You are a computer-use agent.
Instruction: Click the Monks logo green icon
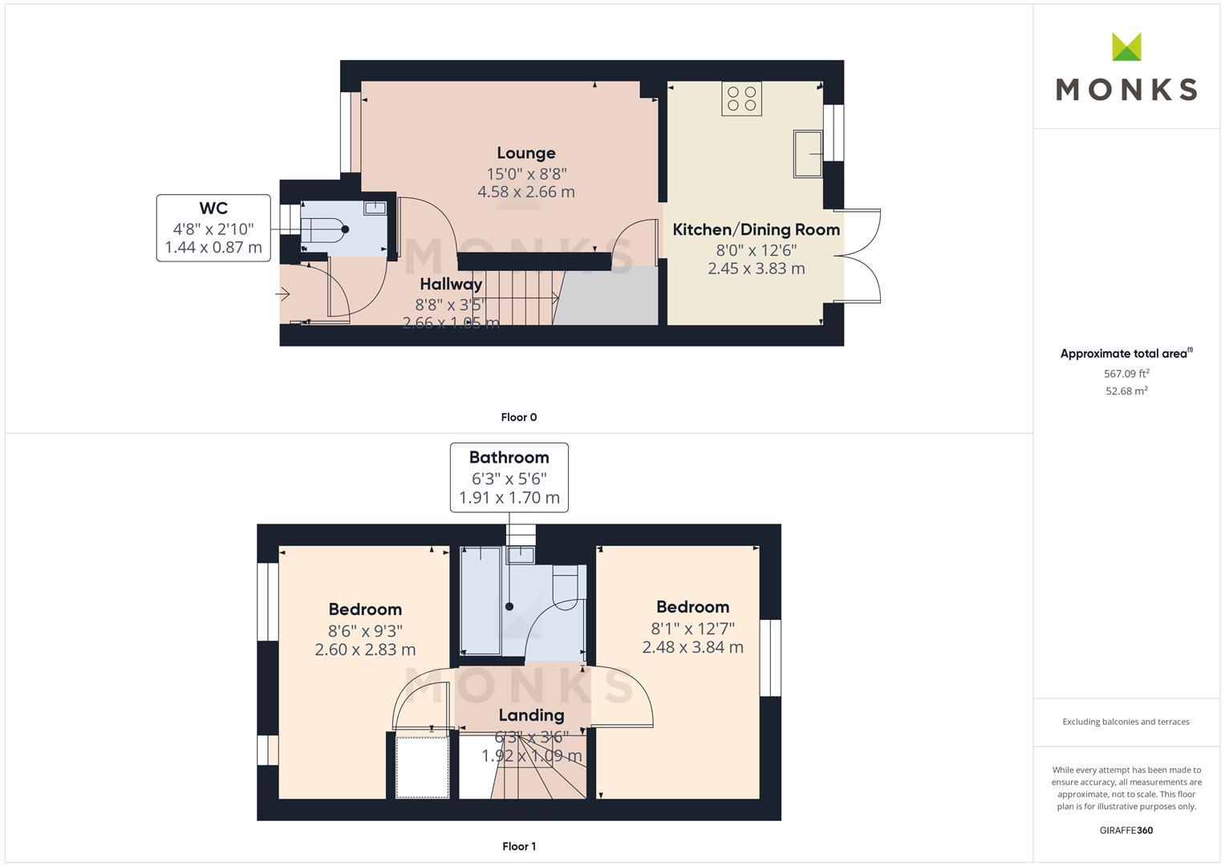coord(1126,47)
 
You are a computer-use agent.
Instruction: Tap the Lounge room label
coord(525,153)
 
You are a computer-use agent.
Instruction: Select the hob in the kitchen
coord(741,99)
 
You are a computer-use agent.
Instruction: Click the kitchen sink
coord(808,153)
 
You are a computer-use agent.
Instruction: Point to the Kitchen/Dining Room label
coord(756,230)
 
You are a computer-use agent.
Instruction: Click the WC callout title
coord(213,208)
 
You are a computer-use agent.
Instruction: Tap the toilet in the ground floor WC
coord(324,229)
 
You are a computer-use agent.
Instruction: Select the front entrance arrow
coord(283,295)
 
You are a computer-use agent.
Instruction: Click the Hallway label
coord(451,284)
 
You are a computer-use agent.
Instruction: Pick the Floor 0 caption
coord(518,417)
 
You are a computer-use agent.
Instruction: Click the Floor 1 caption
coord(518,846)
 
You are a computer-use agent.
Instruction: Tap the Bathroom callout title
coord(509,458)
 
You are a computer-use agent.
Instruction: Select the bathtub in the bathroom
coord(481,600)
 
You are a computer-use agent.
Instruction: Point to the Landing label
coord(531,715)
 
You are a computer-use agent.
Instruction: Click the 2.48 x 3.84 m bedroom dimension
coord(692,647)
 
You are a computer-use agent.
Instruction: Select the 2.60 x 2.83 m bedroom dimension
coord(365,649)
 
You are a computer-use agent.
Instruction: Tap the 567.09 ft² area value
coord(1126,374)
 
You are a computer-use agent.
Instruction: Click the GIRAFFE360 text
coord(1126,831)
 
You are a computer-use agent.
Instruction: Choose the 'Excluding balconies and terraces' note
coord(1126,722)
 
